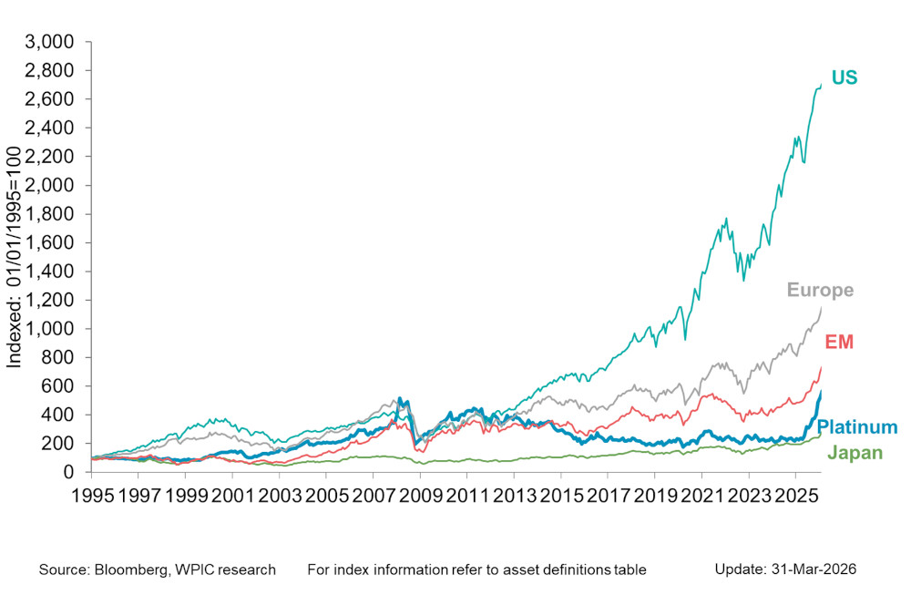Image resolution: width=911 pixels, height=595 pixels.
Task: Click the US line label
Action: [844, 78]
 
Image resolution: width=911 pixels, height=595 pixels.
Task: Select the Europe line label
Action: [821, 291]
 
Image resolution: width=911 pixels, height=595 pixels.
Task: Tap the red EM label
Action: [839, 342]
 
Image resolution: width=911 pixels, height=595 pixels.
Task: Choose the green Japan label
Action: [855, 453]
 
